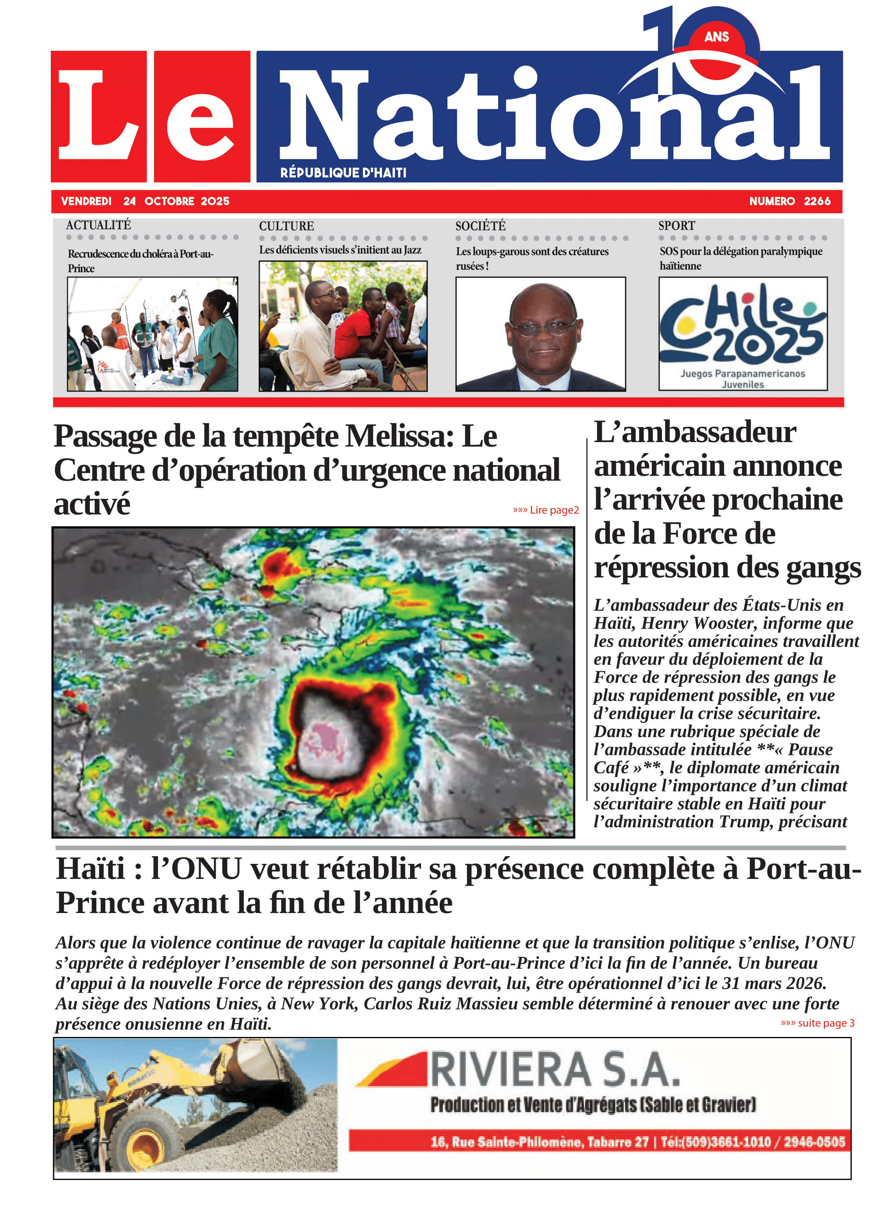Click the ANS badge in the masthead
tap(716, 37)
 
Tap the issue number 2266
tap(817, 201)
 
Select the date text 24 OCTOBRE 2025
tap(176, 201)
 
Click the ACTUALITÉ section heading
tap(98, 225)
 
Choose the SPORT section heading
tap(677, 226)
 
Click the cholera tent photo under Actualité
tap(152, 334)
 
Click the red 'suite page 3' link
tap(817, 1023)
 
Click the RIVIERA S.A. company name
tap(555, 1070)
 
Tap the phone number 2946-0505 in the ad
tap(814, 1142)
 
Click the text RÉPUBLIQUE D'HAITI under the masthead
tap(343, 173)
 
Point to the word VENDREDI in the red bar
tap(86, 201)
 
